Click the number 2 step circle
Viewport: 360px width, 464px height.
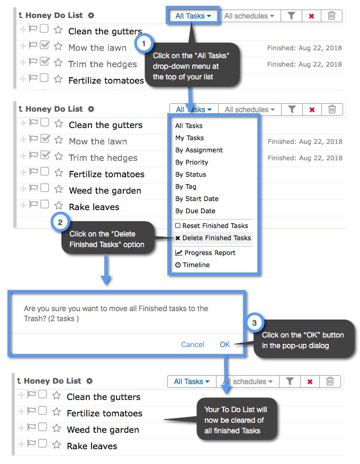point(60,222)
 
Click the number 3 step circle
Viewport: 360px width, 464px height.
point(254,323)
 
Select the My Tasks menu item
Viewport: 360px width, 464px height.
point(190,138)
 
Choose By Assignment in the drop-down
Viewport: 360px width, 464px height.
point(199,150)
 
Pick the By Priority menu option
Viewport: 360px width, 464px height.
point(192,162)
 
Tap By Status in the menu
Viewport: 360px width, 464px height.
point(191,175)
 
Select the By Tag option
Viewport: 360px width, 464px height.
point(186,187)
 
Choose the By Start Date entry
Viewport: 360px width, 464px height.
point(197,199)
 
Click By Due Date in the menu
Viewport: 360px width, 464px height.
point(195,211)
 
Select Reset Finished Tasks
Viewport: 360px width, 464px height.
point(212,226)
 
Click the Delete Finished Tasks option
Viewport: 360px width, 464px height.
point(213,238)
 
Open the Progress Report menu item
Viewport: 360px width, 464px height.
point(206,253)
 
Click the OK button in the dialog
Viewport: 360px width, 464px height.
point(225,344)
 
